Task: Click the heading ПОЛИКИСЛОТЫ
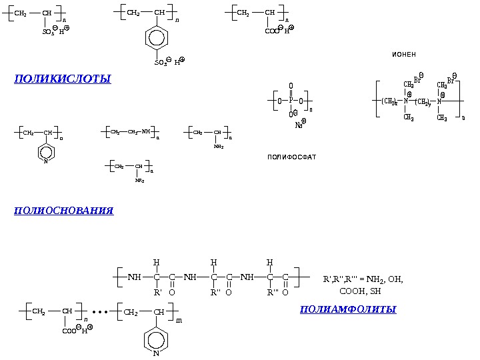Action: tap(62, 79)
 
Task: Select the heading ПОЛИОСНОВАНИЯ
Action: tap(63, 211)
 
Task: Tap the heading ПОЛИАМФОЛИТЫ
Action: tap(348, 309)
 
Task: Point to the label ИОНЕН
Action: tap(403, 54)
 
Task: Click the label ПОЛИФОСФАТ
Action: tap(291, 157)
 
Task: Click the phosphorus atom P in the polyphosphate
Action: tap(291, 101)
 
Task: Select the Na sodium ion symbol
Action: tap(299, 125)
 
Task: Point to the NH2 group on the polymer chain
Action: tap(218, 147)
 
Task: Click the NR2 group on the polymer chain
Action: tap(139, 180)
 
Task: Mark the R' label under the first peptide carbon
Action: tap(158, 292)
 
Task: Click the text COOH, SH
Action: tap(360, 291)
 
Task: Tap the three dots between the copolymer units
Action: tap(100, 311)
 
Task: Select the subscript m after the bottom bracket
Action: tap(179, 320)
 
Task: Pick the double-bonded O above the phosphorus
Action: tap(291, 86)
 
